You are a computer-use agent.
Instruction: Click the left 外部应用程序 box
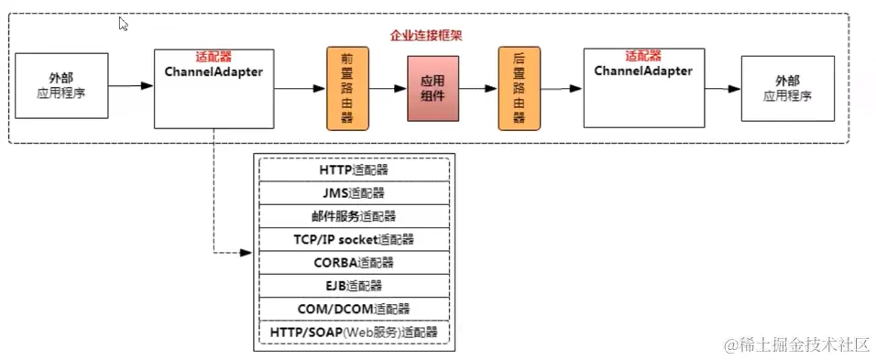click(x=61, y=86)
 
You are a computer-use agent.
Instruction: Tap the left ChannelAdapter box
click(x=214, y=88)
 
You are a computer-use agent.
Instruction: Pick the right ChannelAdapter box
click(x=642, y=88)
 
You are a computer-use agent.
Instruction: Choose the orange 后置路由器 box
click(x=519, y=88)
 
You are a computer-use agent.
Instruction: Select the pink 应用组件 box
click(x=433, y=88)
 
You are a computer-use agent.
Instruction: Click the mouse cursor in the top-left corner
click(x=124, y=24)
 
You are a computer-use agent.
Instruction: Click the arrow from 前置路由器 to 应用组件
click(x=386, y=88)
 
